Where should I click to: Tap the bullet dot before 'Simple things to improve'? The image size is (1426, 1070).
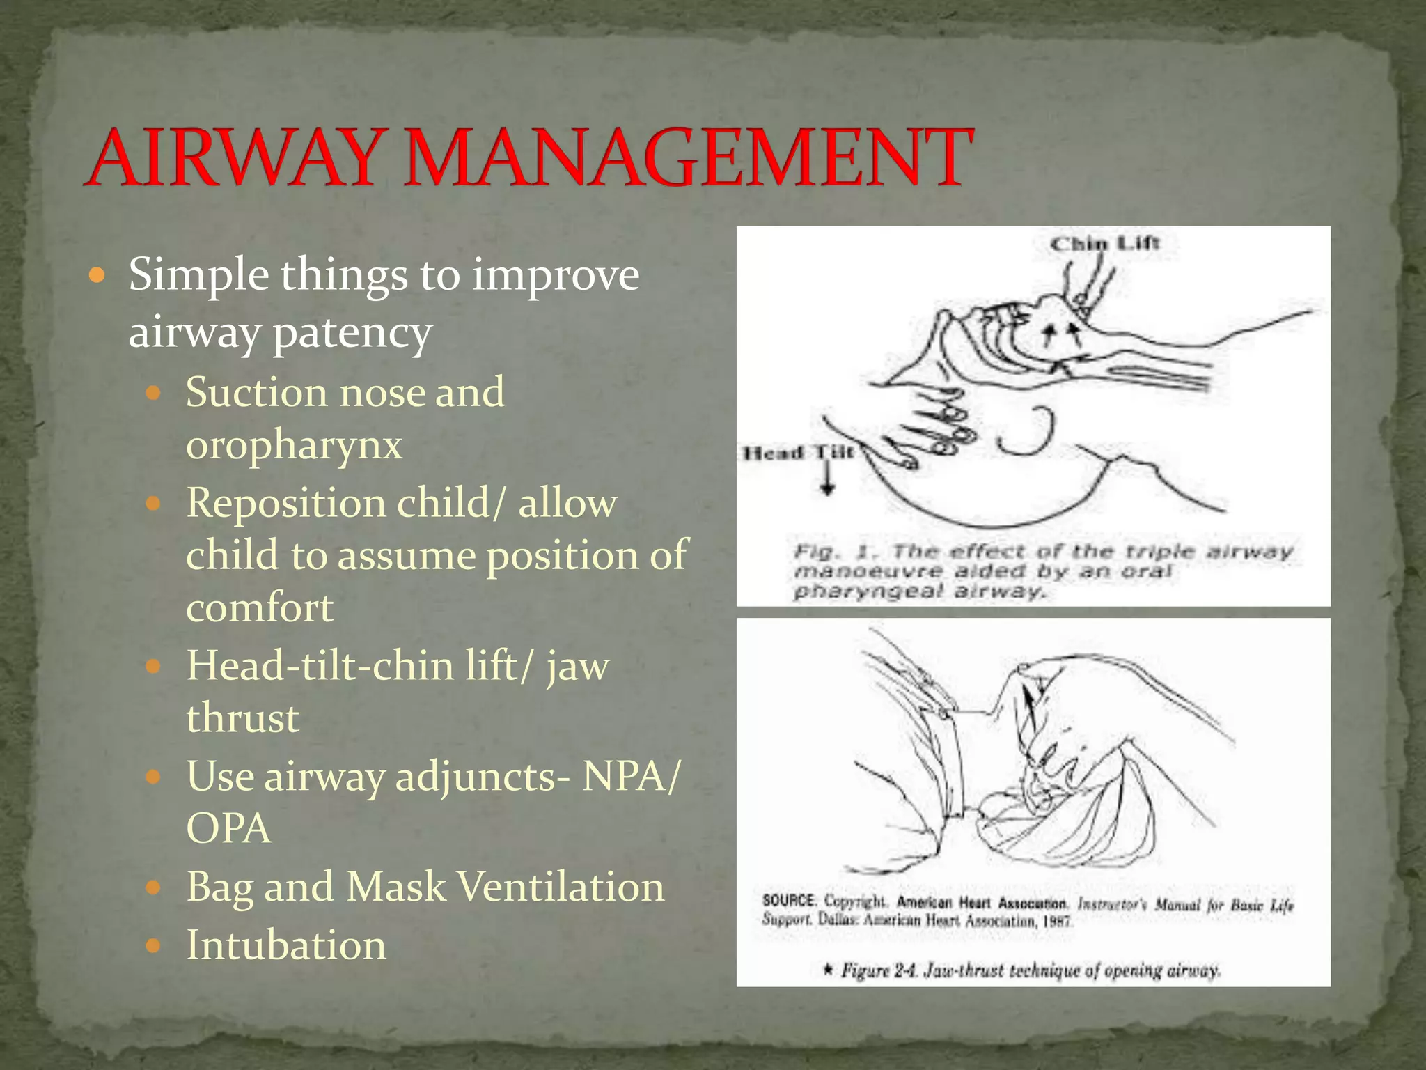97,276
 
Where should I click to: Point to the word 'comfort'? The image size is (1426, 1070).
260,607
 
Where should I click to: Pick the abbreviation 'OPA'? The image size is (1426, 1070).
228,828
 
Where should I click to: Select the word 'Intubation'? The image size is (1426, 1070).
285,945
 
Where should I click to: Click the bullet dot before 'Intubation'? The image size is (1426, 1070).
153,946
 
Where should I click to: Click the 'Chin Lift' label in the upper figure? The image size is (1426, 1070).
1104,244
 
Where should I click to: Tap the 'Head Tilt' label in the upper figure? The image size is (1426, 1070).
798,453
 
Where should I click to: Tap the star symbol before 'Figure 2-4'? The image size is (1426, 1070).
827,969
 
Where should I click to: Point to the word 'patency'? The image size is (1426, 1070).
352,333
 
